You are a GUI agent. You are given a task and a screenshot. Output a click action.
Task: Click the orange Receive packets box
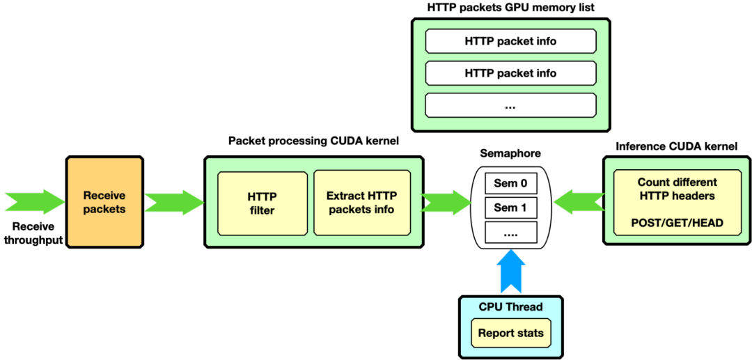(x=104, y=202)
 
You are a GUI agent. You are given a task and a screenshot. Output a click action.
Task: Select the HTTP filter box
(x=262, y=203)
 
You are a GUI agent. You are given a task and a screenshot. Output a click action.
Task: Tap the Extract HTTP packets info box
(x=361, y=203)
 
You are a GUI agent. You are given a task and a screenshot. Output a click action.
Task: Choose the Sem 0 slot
(x=510, y=184)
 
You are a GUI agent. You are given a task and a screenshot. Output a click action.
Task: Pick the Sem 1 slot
(x=510, y=208)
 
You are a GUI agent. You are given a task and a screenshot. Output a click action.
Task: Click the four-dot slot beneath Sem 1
(x=510, y=233)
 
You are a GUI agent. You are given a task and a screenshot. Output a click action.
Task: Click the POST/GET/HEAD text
(x=677, y=224)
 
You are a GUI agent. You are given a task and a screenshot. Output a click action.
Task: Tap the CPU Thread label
(x=510, y=307)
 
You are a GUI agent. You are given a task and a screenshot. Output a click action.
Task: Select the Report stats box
(x=510, y=333)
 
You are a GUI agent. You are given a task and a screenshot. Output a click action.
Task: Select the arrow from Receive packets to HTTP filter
(x=173, y=202)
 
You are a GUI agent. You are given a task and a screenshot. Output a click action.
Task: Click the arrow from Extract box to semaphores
(x=446, y=202)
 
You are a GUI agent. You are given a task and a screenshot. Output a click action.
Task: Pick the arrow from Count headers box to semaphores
(x=577, y=202)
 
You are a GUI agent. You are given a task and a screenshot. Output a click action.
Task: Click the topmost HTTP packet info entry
(x=510, y=42)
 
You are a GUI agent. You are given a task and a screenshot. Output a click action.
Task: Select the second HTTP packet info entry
(x=510, y=73)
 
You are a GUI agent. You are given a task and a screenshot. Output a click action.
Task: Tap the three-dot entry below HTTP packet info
(x=510, y=105)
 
